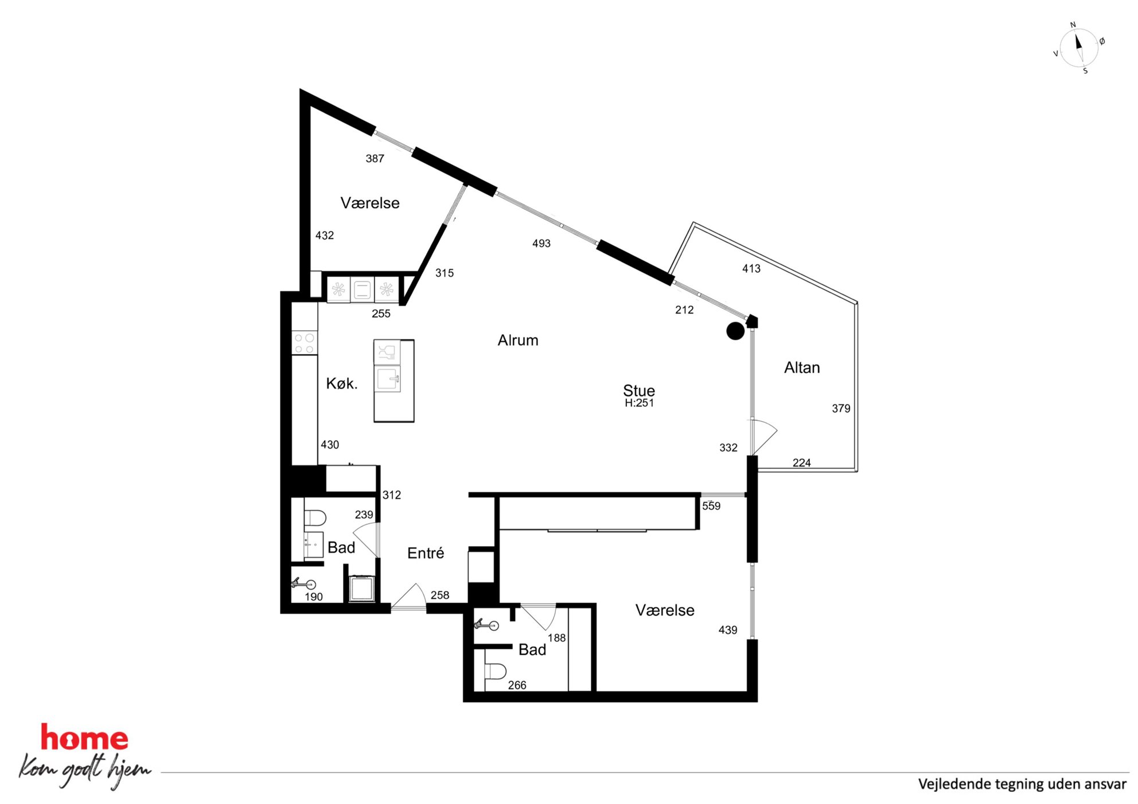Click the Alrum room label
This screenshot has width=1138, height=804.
click(x=518, y=340)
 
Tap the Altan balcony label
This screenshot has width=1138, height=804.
click(x=802, y=367)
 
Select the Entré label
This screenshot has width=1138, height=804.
click(x=426, y=553)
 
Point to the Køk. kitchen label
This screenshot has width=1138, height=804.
click(x=342, y=383)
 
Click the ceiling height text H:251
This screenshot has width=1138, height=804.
click(x=639, y=403)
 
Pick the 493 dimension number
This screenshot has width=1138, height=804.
click(x=541, y=244)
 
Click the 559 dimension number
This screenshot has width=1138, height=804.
click(x=711, y=506)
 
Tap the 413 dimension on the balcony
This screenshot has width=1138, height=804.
click(x=751, y=268)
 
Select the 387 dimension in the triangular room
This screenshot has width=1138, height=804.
click(x=375, y=159)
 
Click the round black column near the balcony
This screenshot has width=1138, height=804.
click(x=735, y=331)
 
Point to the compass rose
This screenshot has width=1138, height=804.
click(x=1079, y=48)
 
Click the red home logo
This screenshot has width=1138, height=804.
click(x=84, y=738)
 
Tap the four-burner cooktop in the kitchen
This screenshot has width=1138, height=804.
click(x=304, y=343)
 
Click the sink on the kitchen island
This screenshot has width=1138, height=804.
click(x=388, y=379)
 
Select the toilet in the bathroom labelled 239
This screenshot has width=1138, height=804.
click(x=314, y=518)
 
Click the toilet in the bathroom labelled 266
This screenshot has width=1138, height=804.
click(x=495, y=671)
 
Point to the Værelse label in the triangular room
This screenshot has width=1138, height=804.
click(x=370, y=203)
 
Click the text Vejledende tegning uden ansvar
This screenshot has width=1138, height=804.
click(x=1022, y=785)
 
